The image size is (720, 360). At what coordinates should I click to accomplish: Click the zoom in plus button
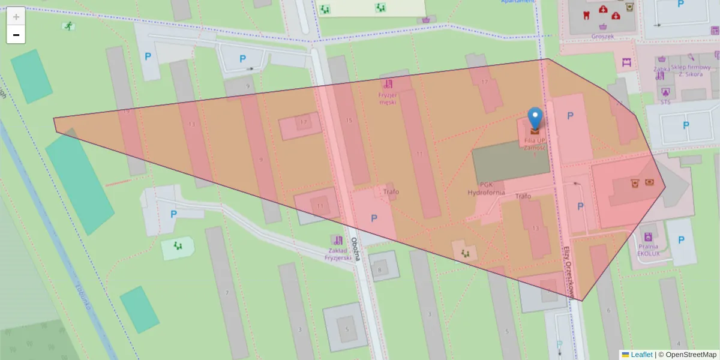coord(16,17)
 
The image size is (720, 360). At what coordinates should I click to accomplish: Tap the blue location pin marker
coord(535,119)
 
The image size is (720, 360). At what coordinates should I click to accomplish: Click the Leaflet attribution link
coord(641,355)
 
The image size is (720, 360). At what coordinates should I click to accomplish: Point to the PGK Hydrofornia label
coord(487,188)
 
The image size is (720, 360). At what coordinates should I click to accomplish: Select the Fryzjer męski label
coord(388,98)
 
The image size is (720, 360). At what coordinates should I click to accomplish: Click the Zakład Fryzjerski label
coord(338,254)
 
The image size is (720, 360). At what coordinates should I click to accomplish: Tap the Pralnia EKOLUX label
coord(648,250)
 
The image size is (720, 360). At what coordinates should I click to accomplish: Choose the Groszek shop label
coord(602,36)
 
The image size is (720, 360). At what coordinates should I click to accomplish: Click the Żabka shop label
coord(662,68)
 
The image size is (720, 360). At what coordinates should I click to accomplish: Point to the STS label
coord(665,101)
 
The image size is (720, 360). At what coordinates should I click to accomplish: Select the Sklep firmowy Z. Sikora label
coord(691,71)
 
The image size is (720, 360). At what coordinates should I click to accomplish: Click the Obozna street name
coord(355,247)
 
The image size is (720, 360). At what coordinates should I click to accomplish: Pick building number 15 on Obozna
coord(349,121)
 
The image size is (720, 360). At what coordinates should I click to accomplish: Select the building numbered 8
coord(379,269)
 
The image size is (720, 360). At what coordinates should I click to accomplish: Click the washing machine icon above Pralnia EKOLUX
coord(648,236)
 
